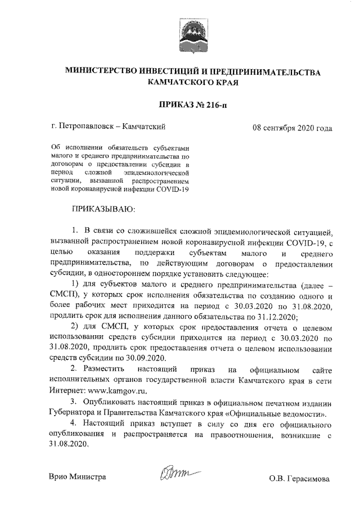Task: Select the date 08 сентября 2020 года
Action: click(x=292, y=128)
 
